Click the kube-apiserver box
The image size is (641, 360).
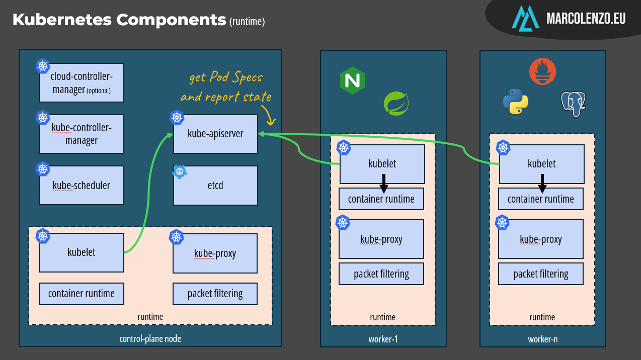[x=215, y=134]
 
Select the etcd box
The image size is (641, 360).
[x=215, y=186]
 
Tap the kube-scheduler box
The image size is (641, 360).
[x=82, y=185]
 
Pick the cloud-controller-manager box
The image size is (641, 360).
[x=82, y=83]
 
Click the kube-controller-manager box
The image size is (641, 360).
[x=82, y=134]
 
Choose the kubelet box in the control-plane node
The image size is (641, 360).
[x=82, y=252]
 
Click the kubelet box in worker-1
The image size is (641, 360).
[x=382, y=164]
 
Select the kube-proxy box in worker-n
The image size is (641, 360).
[x=541, y=239]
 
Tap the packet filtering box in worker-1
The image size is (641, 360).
[x=381, y=274]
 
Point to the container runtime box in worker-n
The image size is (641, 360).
[x=541, y=199]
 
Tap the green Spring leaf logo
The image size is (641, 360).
[x=396, y=104]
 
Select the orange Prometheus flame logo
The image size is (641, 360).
[x=542, y=71]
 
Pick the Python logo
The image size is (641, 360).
[x=516, y=102]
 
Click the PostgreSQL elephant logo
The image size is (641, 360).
[x=574, y=104]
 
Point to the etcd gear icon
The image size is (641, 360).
[x=179, y=172]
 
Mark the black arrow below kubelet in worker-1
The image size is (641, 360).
[x=383, y=184]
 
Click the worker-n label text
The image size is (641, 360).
[x=542, y=339]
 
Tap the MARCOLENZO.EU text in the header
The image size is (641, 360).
[x=586, y=19]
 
